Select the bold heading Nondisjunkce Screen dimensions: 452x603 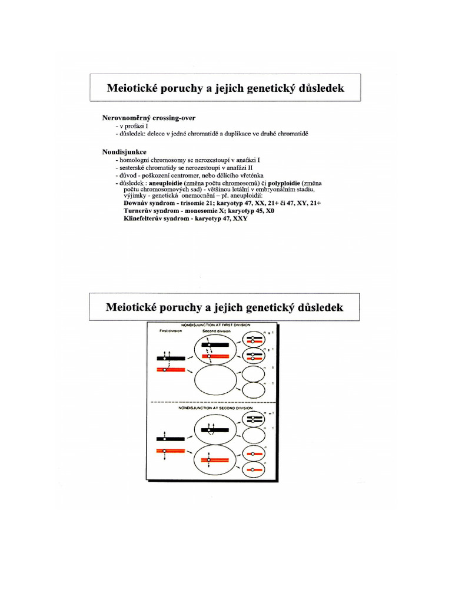[x=125, y=152]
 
